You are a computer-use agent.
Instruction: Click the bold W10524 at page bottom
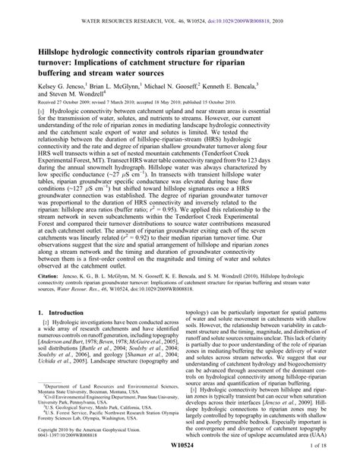[x=180, y=455]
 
